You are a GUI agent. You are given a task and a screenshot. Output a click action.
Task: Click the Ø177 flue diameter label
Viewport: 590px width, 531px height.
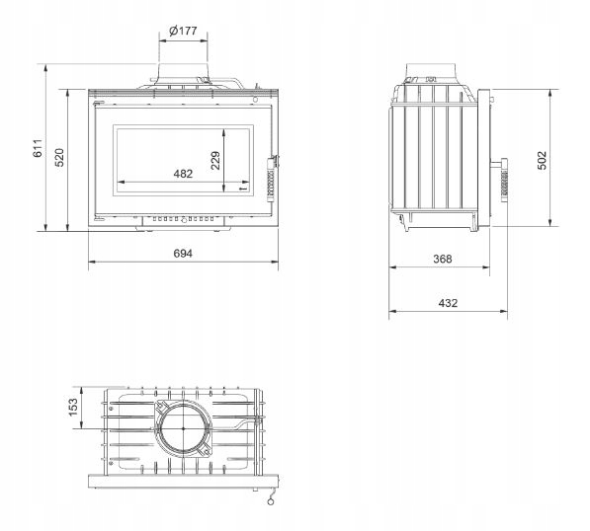click(x=183, y=31)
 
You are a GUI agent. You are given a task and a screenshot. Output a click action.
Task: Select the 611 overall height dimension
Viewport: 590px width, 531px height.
click(x=38, y=148)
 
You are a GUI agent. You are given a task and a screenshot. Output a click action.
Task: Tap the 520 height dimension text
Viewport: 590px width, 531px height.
click(x=60, y=158)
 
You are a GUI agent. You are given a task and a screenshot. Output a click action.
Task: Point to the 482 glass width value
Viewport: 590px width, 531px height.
click(x=183, y=174)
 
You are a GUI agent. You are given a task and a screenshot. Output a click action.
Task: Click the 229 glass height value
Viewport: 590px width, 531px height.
click(x=215, y=161)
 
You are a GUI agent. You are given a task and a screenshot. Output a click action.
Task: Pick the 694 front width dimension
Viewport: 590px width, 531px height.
click(x=183, y=254)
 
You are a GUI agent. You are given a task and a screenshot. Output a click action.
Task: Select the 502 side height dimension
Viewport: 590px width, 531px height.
click(x=542, y=161)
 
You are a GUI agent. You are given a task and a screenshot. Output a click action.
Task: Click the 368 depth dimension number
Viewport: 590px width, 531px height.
click(x=443, y=259)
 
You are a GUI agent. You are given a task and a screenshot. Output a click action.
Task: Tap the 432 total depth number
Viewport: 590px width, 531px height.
click(x=448, y=303)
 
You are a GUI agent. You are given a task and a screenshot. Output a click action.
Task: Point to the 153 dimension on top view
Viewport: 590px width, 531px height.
click(x=73, y=408)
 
